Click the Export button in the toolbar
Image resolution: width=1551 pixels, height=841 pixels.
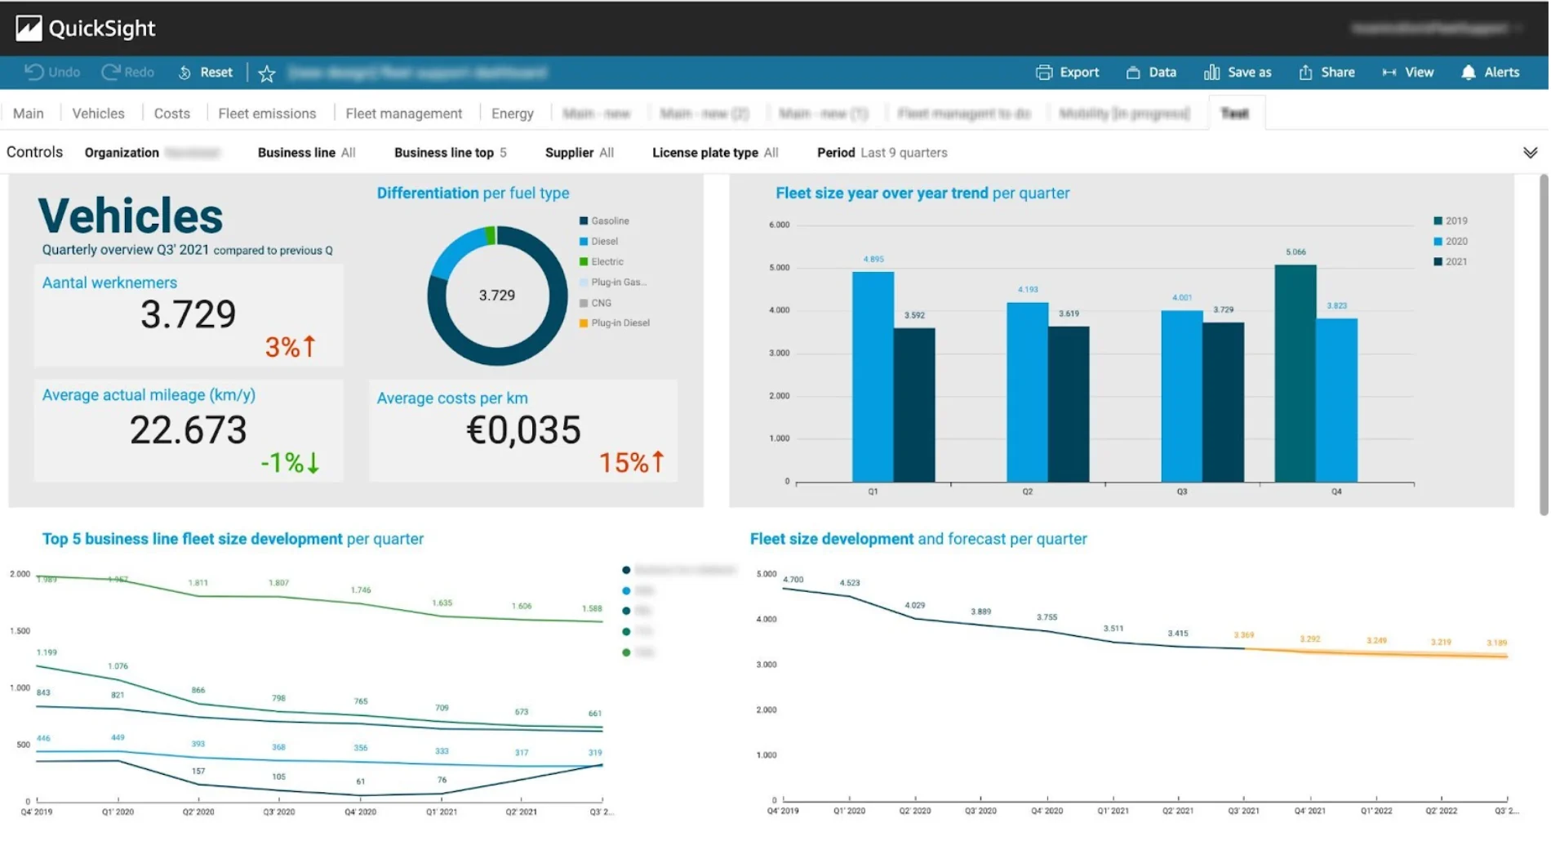pos(1068,73)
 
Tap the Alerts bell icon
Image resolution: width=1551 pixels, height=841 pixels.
pos(1469,73)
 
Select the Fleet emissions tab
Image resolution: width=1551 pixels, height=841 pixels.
pos(267,113)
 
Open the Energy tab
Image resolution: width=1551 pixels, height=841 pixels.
pos(512,113)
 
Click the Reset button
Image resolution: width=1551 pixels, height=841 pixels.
pos(206,73)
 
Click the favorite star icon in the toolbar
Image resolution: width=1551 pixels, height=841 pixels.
pos(267,74)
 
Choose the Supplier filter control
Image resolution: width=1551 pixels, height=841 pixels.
pos(579,153)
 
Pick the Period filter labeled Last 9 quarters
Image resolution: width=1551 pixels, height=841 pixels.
pos(882,153)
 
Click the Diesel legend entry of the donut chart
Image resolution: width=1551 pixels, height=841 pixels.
pos(603,242)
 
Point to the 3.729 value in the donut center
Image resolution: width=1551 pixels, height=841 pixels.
pos(496,296)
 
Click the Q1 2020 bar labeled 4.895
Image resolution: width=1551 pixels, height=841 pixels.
pos(873,376)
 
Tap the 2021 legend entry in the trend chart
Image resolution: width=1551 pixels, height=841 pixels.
pos(1451,262)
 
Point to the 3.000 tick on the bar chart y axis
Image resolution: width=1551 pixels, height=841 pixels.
pos(779,354)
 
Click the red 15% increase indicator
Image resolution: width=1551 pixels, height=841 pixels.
pos(631,463)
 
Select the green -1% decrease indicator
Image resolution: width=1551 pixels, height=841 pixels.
pos(290,463)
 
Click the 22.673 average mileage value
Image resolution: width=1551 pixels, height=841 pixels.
pos(188,430)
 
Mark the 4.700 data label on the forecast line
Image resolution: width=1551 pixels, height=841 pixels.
pos(793,580)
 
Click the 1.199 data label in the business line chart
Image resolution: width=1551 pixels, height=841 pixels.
pos(47,652)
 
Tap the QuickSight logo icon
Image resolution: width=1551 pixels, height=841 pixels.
pos(29,29)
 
